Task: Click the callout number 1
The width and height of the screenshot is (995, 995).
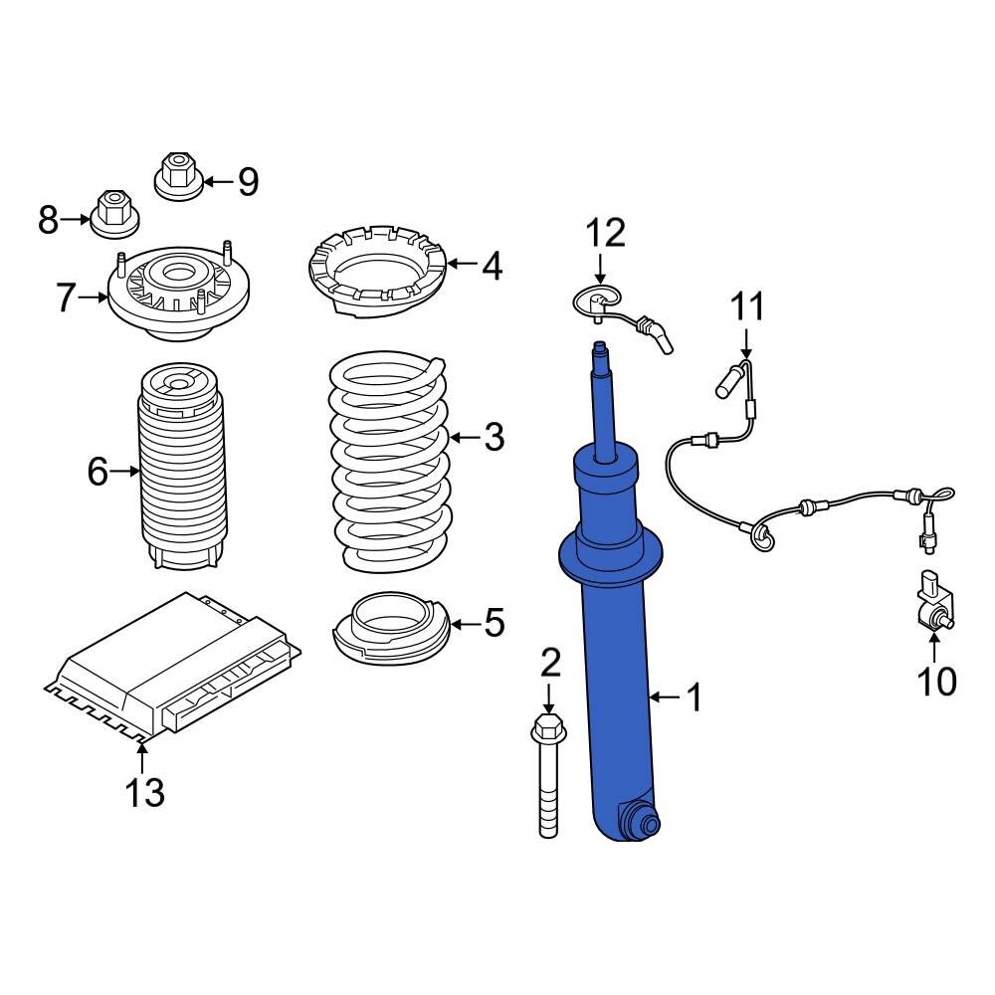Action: tap(694, 697)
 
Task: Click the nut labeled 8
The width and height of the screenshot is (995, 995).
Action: tap(112, 214)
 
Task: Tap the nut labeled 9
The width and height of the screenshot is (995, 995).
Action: tap(178, 175)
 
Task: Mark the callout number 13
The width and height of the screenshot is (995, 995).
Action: tap(144, 793)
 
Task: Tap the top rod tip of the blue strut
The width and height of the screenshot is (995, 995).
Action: tap(600, 349)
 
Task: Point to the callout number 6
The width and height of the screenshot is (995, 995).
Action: tap(97, 472)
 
